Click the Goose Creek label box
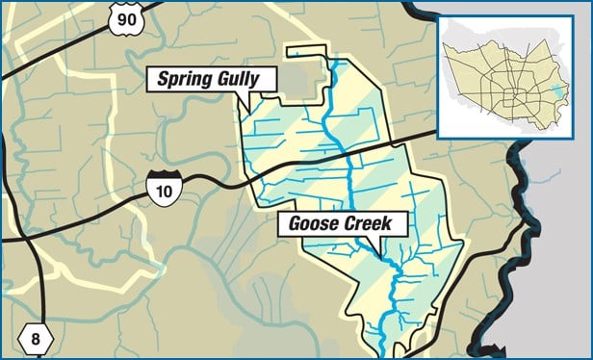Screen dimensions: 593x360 click(342, 224)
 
